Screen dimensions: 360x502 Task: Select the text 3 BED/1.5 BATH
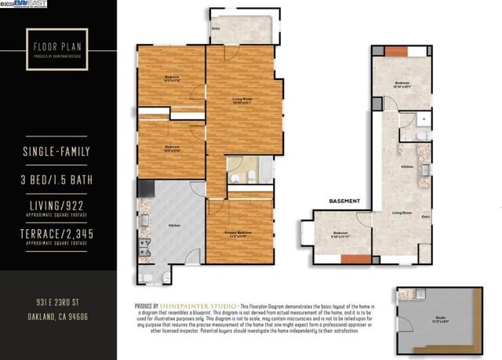[58, 181]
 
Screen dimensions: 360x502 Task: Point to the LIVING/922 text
[58, 205]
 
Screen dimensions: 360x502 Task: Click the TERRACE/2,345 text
[58, 235]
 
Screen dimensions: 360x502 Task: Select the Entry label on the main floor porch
[216, 28]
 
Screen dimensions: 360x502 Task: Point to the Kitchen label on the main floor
[174, 225]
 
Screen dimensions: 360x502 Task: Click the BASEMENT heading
[344, 201]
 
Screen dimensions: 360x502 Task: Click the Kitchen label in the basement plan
[407, 167]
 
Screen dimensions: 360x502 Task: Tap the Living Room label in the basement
[402, 213]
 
